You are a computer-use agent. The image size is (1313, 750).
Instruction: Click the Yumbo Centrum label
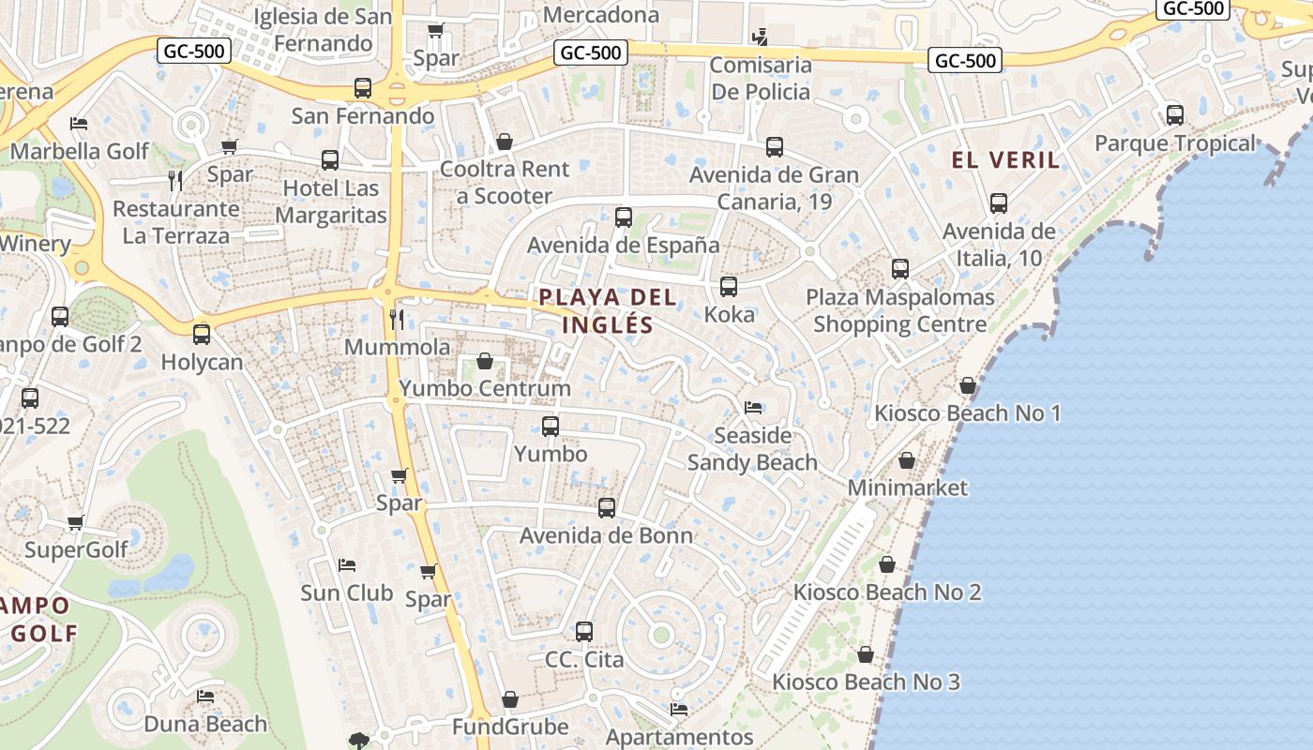tap(485, 388)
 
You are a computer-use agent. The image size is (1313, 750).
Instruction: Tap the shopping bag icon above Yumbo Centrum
tap(485, 361)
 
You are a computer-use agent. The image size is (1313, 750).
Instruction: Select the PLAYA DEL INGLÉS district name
tap(608, 311)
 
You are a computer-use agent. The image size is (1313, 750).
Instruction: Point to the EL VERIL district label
tap(1005, 159)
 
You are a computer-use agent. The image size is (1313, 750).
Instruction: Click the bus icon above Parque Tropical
tap(1175, 115)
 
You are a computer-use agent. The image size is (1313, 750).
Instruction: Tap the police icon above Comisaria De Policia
tap(761, 38)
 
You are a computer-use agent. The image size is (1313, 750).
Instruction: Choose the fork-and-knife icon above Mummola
tap(397, 320)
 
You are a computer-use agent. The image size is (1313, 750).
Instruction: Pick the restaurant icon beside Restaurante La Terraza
tap(175, 180)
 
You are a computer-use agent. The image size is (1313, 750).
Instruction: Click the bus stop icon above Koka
tap(729, 287)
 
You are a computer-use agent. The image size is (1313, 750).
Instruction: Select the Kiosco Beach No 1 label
tap(968, 413)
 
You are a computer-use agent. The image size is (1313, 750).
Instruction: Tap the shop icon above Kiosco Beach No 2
tap(887, 564)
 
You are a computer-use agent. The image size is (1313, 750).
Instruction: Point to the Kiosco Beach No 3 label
tap(866, 682)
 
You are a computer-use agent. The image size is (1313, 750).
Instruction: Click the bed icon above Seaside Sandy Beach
tap(752, 408)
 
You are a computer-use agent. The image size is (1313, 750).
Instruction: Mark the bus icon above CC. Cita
tap(584, 632)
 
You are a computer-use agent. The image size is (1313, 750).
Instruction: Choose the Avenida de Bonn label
tap(607, 536)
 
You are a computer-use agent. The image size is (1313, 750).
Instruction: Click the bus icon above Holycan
tap(202, 335)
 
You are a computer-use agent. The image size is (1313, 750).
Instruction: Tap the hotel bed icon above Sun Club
tap(347, 565)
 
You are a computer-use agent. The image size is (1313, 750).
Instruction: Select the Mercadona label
tap(601, 15)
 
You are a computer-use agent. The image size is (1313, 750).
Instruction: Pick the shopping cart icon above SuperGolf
tap(76, 522)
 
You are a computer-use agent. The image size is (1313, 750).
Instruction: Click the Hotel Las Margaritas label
tap(331, 202)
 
